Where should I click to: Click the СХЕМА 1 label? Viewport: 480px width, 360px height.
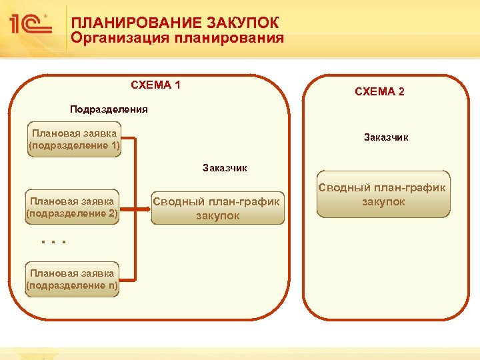[155, 85]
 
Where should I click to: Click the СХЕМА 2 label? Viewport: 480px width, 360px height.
[379, 92]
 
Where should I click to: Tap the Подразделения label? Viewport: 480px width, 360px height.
[109, 109]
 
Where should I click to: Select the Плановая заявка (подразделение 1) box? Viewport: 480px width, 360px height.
[74, 139]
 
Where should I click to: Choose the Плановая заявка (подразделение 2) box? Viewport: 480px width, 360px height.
[72, 207]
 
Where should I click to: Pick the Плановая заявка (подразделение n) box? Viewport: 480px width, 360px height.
[72, 279]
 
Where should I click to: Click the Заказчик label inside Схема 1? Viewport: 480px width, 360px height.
[225, 168]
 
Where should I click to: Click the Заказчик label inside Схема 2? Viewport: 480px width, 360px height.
[386, 137]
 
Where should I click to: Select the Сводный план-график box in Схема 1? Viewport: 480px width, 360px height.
[218, 207]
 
